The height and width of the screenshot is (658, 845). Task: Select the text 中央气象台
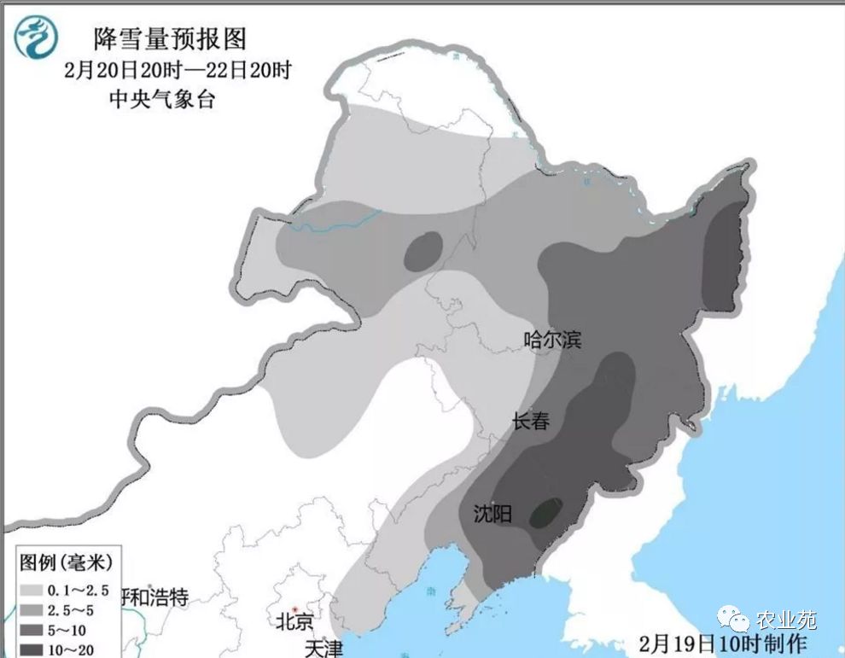(x=161, y=98)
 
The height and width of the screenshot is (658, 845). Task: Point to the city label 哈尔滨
(x=551, y=341)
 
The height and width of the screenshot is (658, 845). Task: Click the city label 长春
(x=530, y=421)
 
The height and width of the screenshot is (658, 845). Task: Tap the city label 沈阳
(x=492, y=514)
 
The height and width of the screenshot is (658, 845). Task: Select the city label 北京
(x=294, y=621)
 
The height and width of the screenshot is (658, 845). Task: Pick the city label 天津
(x=323, y=649)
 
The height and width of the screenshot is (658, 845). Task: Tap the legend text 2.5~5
(x=72, y=610)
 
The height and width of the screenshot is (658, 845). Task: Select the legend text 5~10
(x=68, y=631)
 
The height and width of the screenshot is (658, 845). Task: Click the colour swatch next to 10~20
(x=32, y=650)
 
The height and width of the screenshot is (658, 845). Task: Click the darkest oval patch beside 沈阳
(x=545, y=512)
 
